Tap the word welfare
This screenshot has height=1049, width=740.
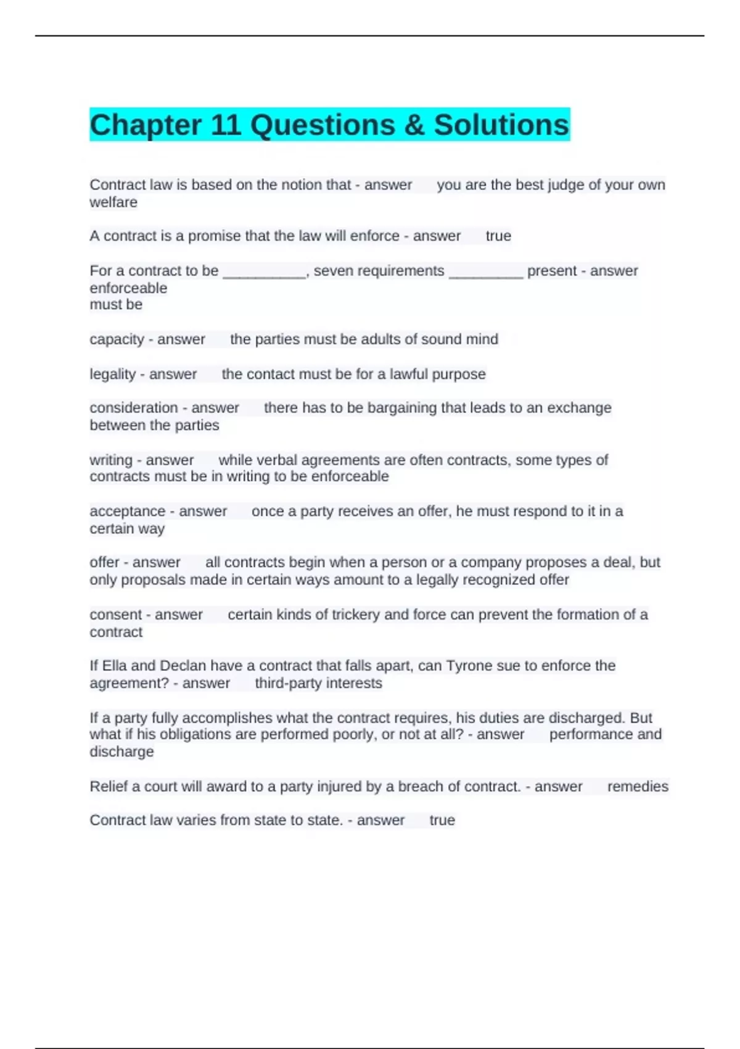tap(113, 202)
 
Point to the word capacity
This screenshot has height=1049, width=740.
tap(117, 339)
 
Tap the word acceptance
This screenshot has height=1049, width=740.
tap(127, 512)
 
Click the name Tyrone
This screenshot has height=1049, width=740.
tap(471, 666)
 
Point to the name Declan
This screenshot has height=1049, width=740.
tap(183, 666)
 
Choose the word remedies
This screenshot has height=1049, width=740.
tap(638, 787)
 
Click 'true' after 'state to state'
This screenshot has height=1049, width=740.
tap(442, 821)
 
